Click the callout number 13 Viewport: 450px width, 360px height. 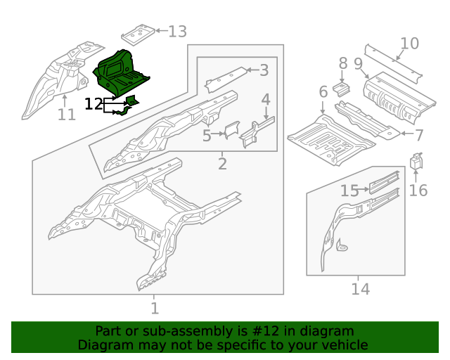[x=177, y=32]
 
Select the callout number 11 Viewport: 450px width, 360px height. [x=66, y=114]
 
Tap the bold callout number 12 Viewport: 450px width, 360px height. [x=94, y=105]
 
